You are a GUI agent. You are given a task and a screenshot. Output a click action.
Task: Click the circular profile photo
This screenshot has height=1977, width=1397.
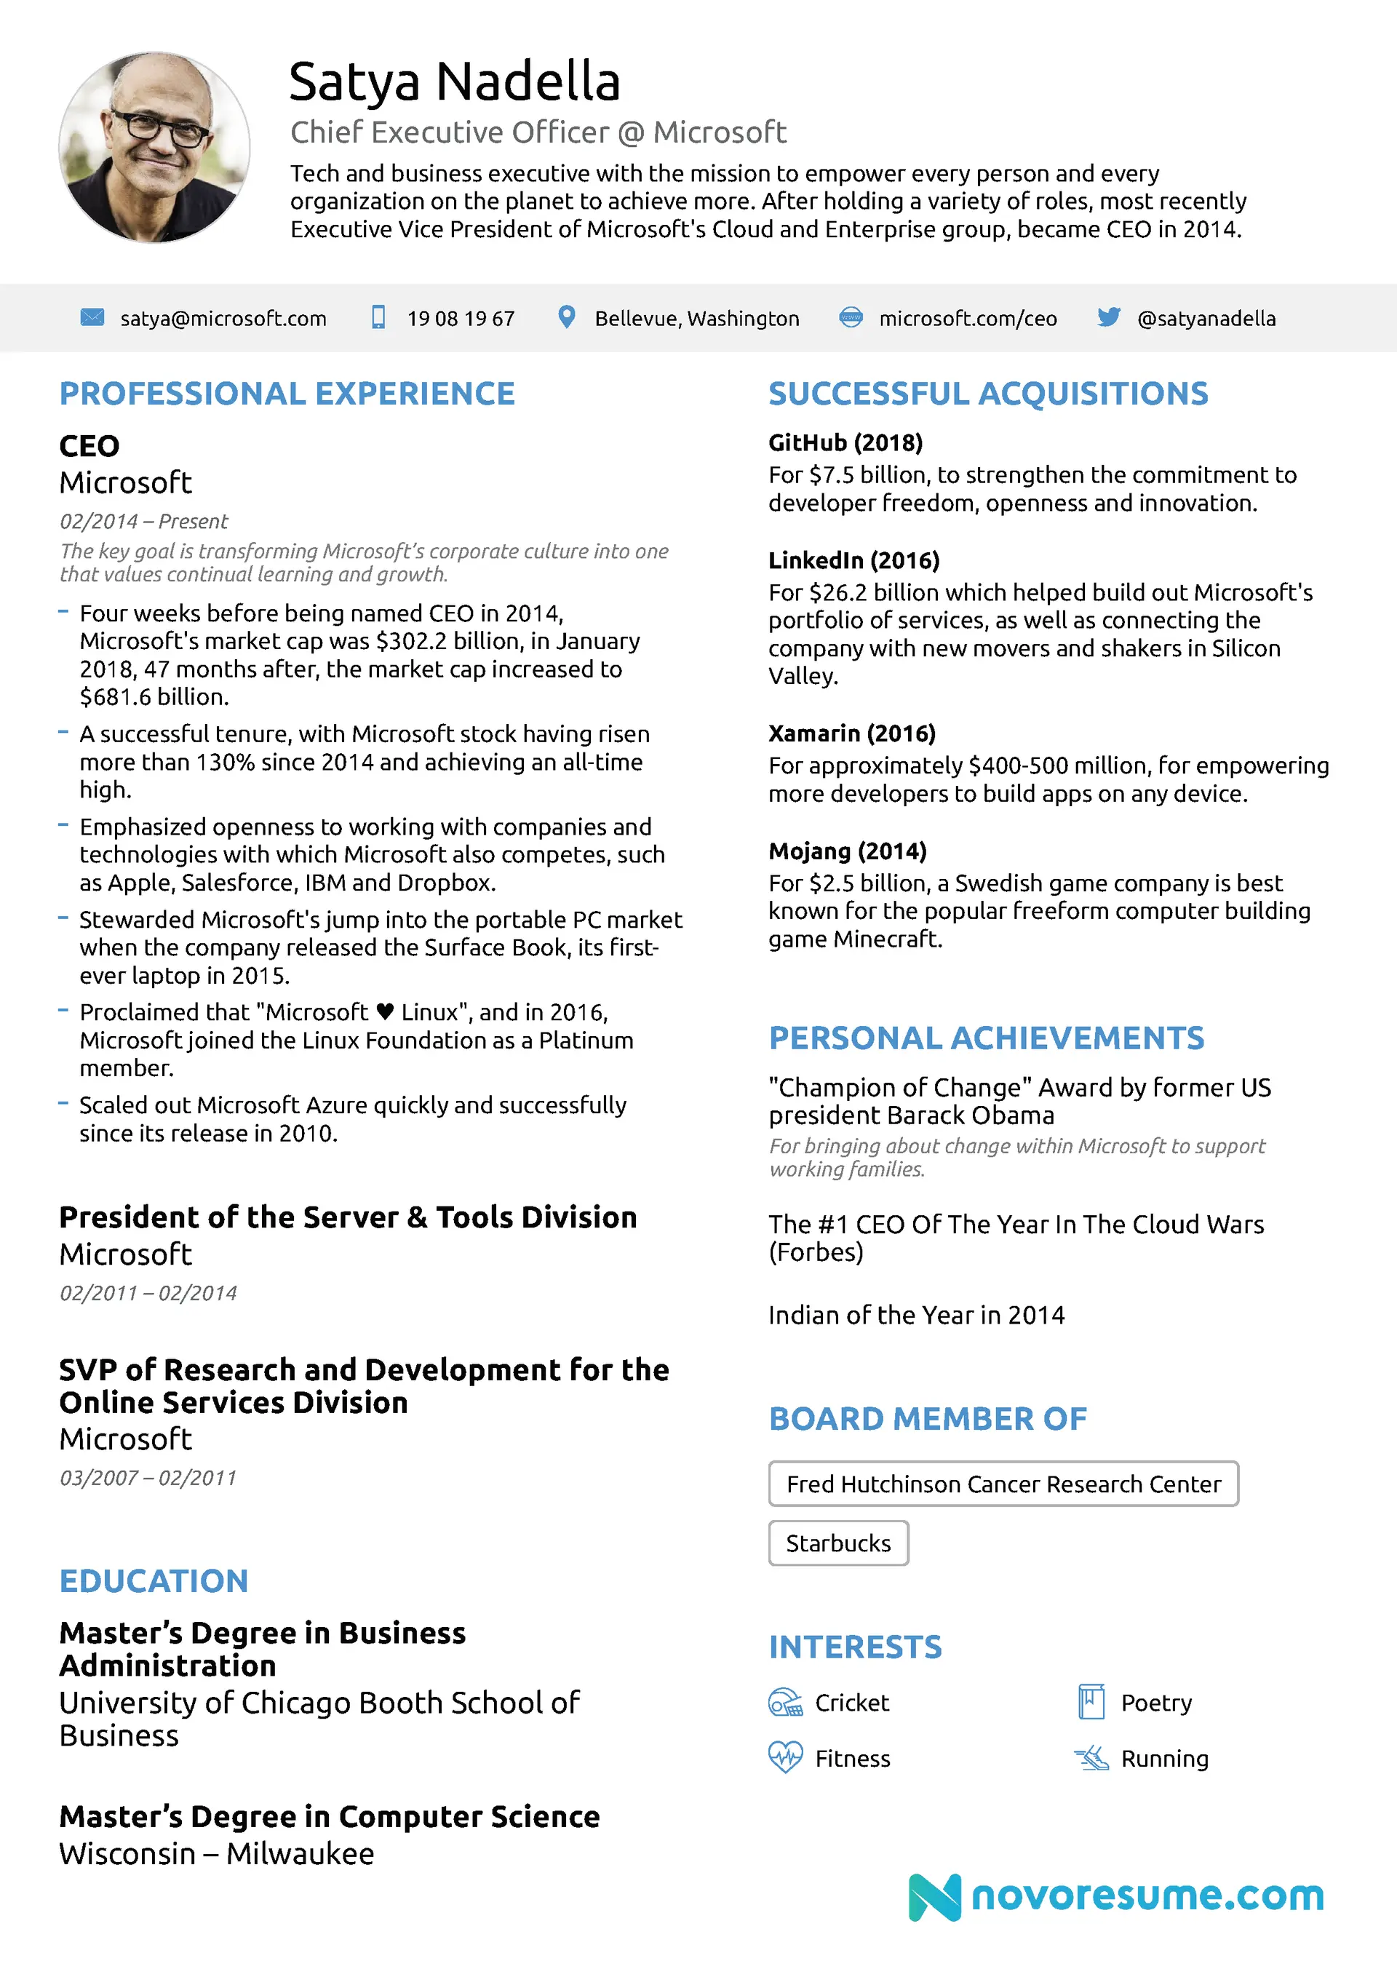click(154, 147)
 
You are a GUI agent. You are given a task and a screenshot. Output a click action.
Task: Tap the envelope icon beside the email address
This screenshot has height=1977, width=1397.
click(92, 318)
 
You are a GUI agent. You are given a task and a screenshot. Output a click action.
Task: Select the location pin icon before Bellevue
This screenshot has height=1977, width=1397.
click(566, 317)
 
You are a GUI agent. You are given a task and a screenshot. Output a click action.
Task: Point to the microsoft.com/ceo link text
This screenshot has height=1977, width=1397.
click(967, 319)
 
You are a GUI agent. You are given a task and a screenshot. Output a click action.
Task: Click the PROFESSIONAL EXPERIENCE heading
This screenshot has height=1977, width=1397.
click(287, 394)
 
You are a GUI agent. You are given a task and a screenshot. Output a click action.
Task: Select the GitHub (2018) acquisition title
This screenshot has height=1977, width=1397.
click(845, 442)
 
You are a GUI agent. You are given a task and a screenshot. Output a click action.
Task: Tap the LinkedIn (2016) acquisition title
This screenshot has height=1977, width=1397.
click(853, 560)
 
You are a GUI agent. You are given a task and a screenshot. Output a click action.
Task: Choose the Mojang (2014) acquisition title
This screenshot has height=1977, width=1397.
click(848, 851)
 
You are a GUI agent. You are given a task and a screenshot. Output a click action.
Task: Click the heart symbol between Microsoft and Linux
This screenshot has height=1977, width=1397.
click(385, 1011)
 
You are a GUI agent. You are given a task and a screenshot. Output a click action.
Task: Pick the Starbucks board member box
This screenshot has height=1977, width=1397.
click(838, 1543)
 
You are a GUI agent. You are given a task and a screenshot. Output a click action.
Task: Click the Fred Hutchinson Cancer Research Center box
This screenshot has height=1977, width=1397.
click(1003, 1484)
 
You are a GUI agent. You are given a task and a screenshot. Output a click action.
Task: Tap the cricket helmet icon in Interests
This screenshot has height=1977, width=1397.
click(784, 1703)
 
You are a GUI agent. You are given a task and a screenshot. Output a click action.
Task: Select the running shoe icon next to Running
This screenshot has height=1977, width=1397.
click(1091, 1758)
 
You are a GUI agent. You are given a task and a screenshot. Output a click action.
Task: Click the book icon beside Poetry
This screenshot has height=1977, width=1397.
click(1091, 1701)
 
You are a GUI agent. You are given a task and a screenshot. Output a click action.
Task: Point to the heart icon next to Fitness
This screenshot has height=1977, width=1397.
click(784, 1757)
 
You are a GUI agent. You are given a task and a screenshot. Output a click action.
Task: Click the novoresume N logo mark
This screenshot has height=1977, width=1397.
click(934, 1897)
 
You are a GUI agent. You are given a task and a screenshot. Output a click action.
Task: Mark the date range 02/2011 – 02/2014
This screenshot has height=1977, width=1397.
click(148, 1292)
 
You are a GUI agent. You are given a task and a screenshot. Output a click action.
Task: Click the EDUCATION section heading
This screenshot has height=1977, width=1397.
click(154, 1581)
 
